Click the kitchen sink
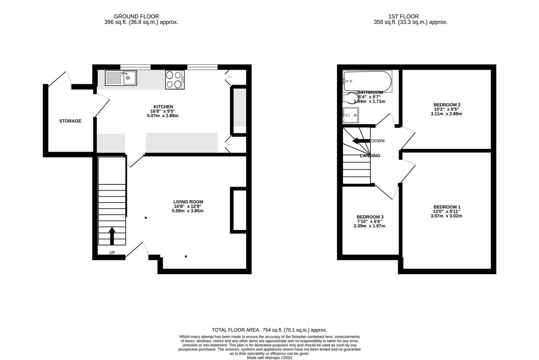(121, 78)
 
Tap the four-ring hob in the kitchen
(175, 80)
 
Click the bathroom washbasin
(350, 115)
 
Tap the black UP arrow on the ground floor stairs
(112, 236)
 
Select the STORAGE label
(70, 121)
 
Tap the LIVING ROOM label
(188, 202)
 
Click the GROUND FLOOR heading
(136, 16)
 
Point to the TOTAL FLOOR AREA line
(269, 330)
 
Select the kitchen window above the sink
(135, 67)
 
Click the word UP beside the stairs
(112, 253)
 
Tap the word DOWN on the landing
(378, 141)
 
